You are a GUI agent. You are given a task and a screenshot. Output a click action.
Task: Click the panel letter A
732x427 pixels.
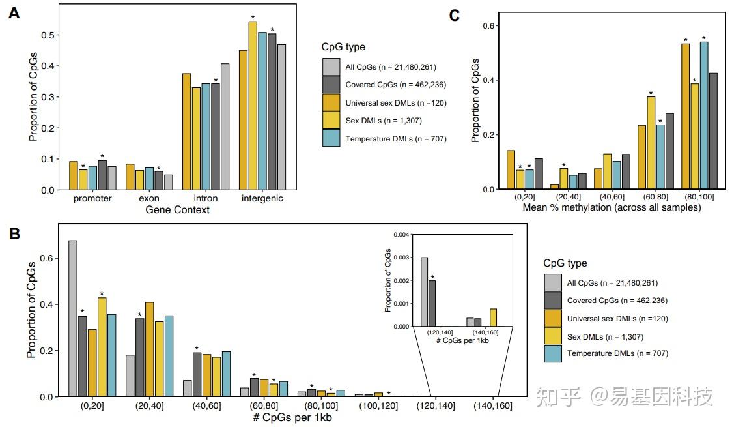click(14, 14)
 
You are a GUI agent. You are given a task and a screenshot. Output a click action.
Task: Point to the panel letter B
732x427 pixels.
click(14, 233)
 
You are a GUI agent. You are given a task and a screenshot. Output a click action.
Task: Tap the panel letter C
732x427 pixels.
click(455, 15)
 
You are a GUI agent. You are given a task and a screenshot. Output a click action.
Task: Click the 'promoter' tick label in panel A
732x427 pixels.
click(93, 198)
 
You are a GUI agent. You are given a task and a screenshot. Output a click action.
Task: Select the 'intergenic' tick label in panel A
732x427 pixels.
click(262, 198)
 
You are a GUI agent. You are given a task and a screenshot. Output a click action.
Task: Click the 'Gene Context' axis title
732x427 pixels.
click(177, 210)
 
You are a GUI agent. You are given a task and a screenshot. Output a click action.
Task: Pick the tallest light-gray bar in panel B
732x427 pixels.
click(73, 318)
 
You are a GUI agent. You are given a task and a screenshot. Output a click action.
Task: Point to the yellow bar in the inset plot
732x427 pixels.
click(494, 317)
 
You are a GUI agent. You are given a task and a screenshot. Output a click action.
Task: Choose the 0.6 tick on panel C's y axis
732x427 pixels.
click(490, 25)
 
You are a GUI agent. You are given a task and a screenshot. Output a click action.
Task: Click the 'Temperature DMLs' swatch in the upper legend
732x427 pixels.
click(331, 138)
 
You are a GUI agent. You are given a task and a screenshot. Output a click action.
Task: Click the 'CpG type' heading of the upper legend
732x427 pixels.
click(343, 47)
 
